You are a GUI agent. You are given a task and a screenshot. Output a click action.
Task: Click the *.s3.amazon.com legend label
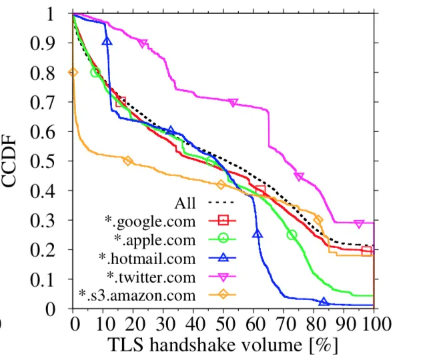pos(137,293)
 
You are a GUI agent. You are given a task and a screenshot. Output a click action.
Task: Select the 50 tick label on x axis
pos(224,325)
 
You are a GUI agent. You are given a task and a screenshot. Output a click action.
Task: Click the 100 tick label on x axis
pos(372,325)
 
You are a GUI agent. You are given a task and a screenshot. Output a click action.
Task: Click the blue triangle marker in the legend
pos(223,256)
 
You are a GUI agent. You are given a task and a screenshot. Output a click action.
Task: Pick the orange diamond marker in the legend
pos(223,293)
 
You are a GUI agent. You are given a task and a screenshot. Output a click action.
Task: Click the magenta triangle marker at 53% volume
pos(233,103)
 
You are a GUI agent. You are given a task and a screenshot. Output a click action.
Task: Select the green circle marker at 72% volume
pos(291,235)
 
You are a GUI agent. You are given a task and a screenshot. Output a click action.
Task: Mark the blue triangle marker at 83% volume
pos(324,302)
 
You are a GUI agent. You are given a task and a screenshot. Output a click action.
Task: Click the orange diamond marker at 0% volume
pos(73,72)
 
